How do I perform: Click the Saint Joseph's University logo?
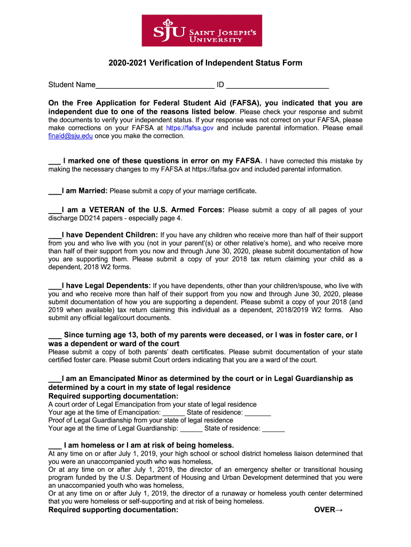coord(205,30)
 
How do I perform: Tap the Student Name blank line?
coord(154,85)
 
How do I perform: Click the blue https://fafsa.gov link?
coord(190,128)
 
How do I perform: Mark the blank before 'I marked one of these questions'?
coord(54,161)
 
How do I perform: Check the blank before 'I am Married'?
coord(54,191)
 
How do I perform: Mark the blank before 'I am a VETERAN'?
coord(54,210)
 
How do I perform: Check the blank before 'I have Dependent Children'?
coord(54,235)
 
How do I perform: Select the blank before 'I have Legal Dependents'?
coord(54,286)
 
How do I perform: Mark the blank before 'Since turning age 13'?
coord(54,335)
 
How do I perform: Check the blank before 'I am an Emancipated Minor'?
coord(54,379)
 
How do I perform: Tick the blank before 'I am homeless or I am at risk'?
coord(54,446)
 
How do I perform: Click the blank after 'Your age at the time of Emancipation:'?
coord(173,413)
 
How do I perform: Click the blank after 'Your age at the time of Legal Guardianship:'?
coord(191,428)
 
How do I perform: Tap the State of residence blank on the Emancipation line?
coord(258,413)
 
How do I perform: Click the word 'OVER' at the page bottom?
coord(324,510)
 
